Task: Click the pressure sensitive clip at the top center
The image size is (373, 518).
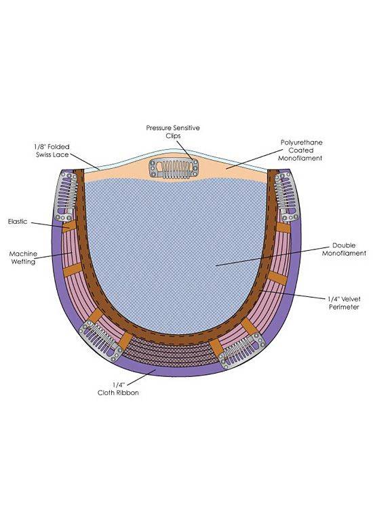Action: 174,167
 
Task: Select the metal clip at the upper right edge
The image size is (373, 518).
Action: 286,196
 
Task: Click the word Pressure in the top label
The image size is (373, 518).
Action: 159,128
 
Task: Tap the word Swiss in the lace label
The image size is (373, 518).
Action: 45,155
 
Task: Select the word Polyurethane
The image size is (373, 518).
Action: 301,142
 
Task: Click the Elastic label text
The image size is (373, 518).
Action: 18,221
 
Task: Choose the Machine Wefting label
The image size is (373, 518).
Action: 23,258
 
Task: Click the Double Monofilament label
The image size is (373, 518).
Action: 344,250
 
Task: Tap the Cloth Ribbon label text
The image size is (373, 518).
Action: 118,388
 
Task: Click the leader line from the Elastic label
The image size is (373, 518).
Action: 51,224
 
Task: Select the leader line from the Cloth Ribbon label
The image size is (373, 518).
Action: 141,377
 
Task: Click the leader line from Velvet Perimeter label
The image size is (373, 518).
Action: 292,294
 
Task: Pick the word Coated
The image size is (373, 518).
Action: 301,151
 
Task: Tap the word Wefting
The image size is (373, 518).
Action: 23,262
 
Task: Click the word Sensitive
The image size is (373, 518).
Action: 187,128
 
